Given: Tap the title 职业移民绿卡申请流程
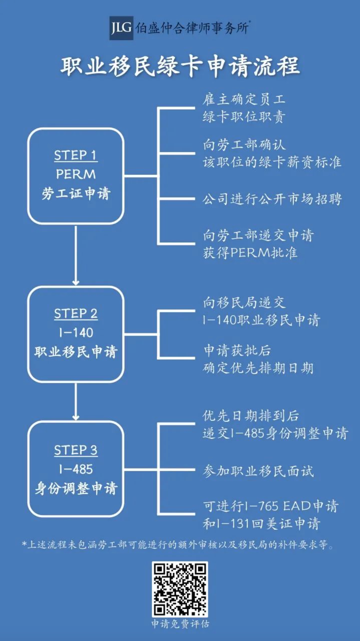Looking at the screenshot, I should pyautogui.click(x=180, y=66).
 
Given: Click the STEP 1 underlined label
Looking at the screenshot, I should pyautogui.click(x=75, y=155).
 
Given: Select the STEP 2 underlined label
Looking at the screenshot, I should pyautogui.click(x=76, y=314).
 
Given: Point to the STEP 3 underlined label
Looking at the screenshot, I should pyautogui.click(x=76, y=450).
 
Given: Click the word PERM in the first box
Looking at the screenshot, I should pyautogui.click(x=76, y=174).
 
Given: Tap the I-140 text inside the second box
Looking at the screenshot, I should pyautogui.click(x=76, y=333).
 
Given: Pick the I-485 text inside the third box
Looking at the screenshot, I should pyautogui.click(x=76, y=469).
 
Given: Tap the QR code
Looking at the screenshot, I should pyautogui.click(x=180, y=589).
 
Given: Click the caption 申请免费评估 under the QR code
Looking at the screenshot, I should pyautogui.click(x=180, y=624).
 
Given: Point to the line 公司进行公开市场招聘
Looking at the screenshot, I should pyautogui.click(x=272, y=199).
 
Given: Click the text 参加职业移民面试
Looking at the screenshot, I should pyautogui.click(x=258, y=471).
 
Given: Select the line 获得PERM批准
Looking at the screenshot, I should pyautogui.click(x=250, y=253).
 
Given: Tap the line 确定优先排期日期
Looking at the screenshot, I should pyautogui.click(x=258, y=368).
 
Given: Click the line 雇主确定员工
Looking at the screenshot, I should pyautogui.click(x=244, y=100).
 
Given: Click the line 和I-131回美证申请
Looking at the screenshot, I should pyautogui.click(x=262, y=524).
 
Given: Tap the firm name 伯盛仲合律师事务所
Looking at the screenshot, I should pyautogui.click(x=192, y=28).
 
